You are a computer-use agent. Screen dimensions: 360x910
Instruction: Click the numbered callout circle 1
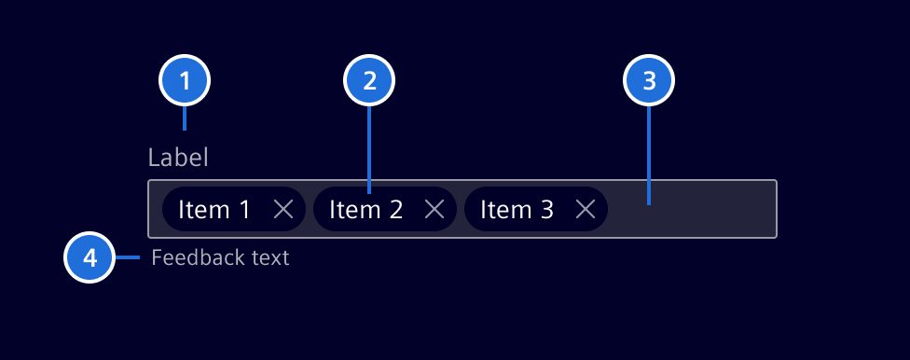[185, 81]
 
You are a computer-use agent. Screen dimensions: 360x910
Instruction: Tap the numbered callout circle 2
[369, 81]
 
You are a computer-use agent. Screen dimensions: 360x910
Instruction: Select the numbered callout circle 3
[648, 81]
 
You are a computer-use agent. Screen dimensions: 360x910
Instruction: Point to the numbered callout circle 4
[90, 256]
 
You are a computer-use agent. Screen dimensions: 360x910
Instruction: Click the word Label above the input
[178, 158]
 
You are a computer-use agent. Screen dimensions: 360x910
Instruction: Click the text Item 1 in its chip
[214, 210]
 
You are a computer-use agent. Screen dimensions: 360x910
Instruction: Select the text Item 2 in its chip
[365, 210]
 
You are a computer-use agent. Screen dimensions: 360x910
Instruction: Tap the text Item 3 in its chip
[517, 210]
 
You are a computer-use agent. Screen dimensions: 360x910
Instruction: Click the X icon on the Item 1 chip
[283, 210]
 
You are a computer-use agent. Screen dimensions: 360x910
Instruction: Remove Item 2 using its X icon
[434, 210]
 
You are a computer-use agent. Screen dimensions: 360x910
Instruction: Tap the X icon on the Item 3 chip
[586, 210]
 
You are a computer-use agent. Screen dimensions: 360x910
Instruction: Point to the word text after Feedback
[269, 257]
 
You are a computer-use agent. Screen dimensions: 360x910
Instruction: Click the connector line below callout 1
[185, 118]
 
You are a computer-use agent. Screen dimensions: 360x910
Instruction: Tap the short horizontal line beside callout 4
[127, 256]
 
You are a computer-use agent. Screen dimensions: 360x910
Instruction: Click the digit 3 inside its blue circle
[649, 81]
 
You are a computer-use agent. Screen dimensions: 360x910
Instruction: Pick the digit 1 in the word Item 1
[244, 210]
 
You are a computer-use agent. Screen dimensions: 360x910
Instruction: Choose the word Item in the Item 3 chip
[503, 210]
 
